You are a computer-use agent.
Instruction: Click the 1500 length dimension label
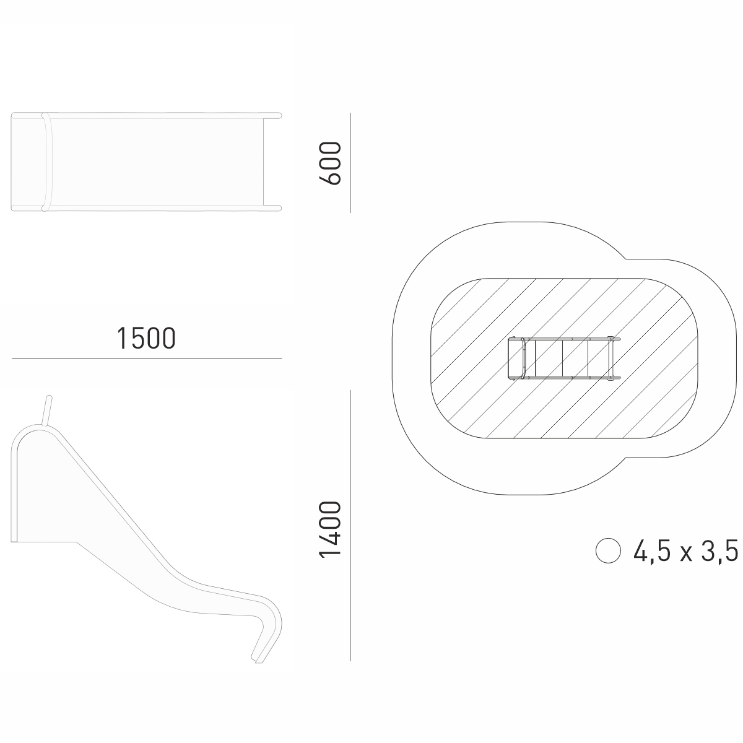(146, 339)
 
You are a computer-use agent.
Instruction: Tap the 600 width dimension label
(330, 163)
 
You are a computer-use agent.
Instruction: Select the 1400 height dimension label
(330, 529)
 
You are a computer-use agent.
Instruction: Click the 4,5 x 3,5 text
(685, 550)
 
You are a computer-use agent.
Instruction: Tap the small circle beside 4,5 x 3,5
(608, 550)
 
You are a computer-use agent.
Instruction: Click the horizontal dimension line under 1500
(147, 359)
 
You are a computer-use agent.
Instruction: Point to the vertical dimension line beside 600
(350, 163)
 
